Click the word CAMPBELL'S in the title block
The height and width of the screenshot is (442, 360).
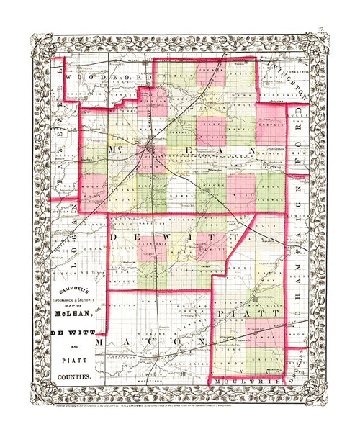coord(72,291)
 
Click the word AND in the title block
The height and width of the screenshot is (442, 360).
coord(72,345)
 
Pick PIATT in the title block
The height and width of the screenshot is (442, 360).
coord(72,360)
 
